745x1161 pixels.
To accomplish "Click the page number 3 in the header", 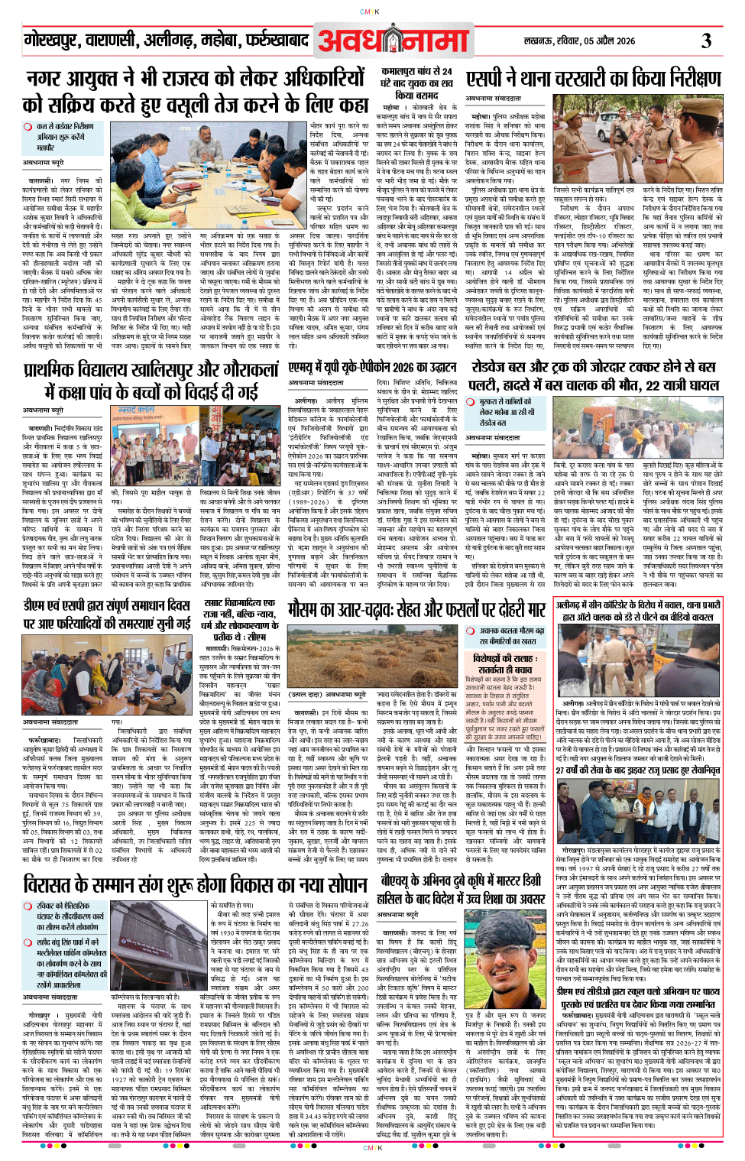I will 706,40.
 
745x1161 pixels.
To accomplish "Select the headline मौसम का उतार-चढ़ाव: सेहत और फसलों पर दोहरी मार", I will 416,608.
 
